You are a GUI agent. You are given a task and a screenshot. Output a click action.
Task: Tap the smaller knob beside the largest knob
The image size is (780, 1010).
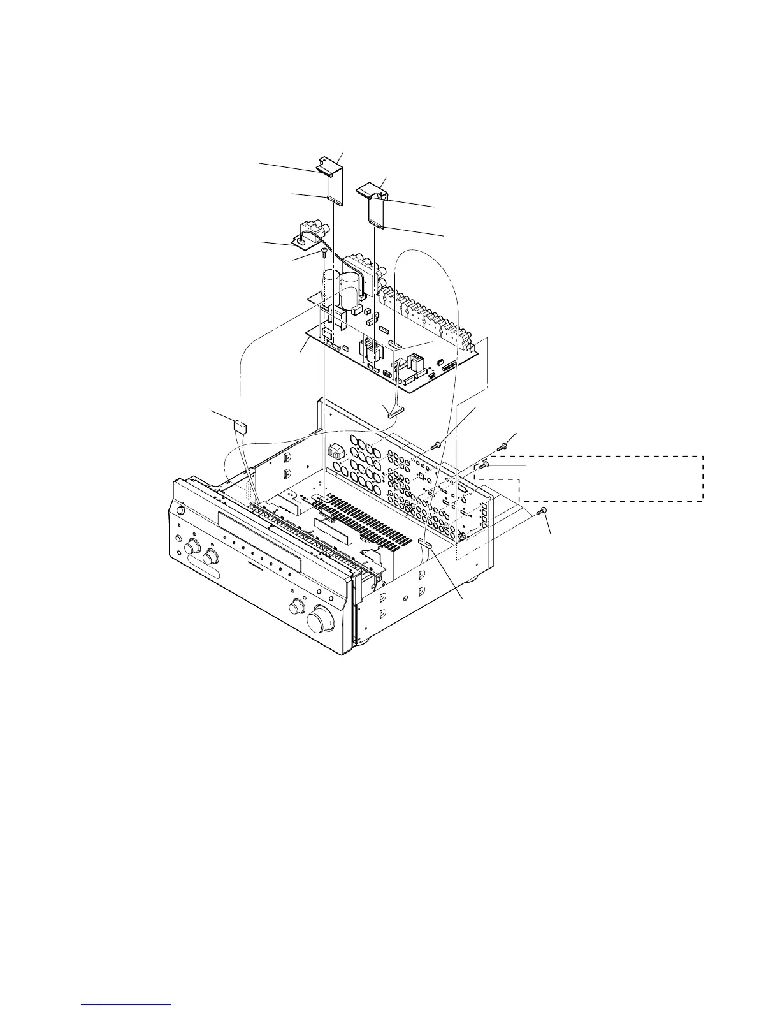point(297,604)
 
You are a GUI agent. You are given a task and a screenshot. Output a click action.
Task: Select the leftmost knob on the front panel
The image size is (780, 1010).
point(191,548)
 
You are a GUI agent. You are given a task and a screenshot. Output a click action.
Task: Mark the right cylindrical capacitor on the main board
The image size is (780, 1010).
point(350,290)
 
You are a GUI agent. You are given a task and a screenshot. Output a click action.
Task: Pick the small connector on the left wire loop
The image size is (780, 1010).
point(240,426)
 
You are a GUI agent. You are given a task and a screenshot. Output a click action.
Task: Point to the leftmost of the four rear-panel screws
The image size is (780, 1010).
point(438,445)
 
